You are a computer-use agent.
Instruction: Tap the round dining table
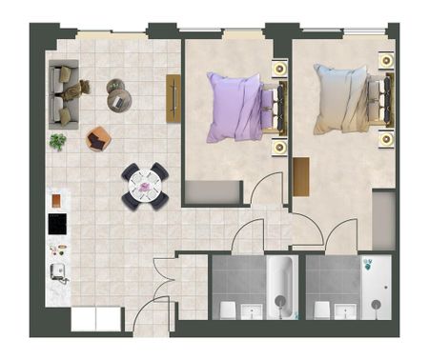pos(144,186)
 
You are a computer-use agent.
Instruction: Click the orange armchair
pos(98,139)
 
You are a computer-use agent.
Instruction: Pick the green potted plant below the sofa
pos(58,142)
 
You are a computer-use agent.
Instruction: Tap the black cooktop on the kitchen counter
pos(59,225)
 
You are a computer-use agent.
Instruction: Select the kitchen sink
pos(59,274)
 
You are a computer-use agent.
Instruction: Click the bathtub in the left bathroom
pos(279,286)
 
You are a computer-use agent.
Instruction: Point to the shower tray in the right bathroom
pos(375,286)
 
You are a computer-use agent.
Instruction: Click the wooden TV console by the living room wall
pos(174,96)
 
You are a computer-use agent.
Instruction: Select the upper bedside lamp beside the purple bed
pos(279,69)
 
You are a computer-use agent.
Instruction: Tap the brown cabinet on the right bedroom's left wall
pos(301,176)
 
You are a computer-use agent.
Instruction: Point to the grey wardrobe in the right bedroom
pos(383,219)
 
